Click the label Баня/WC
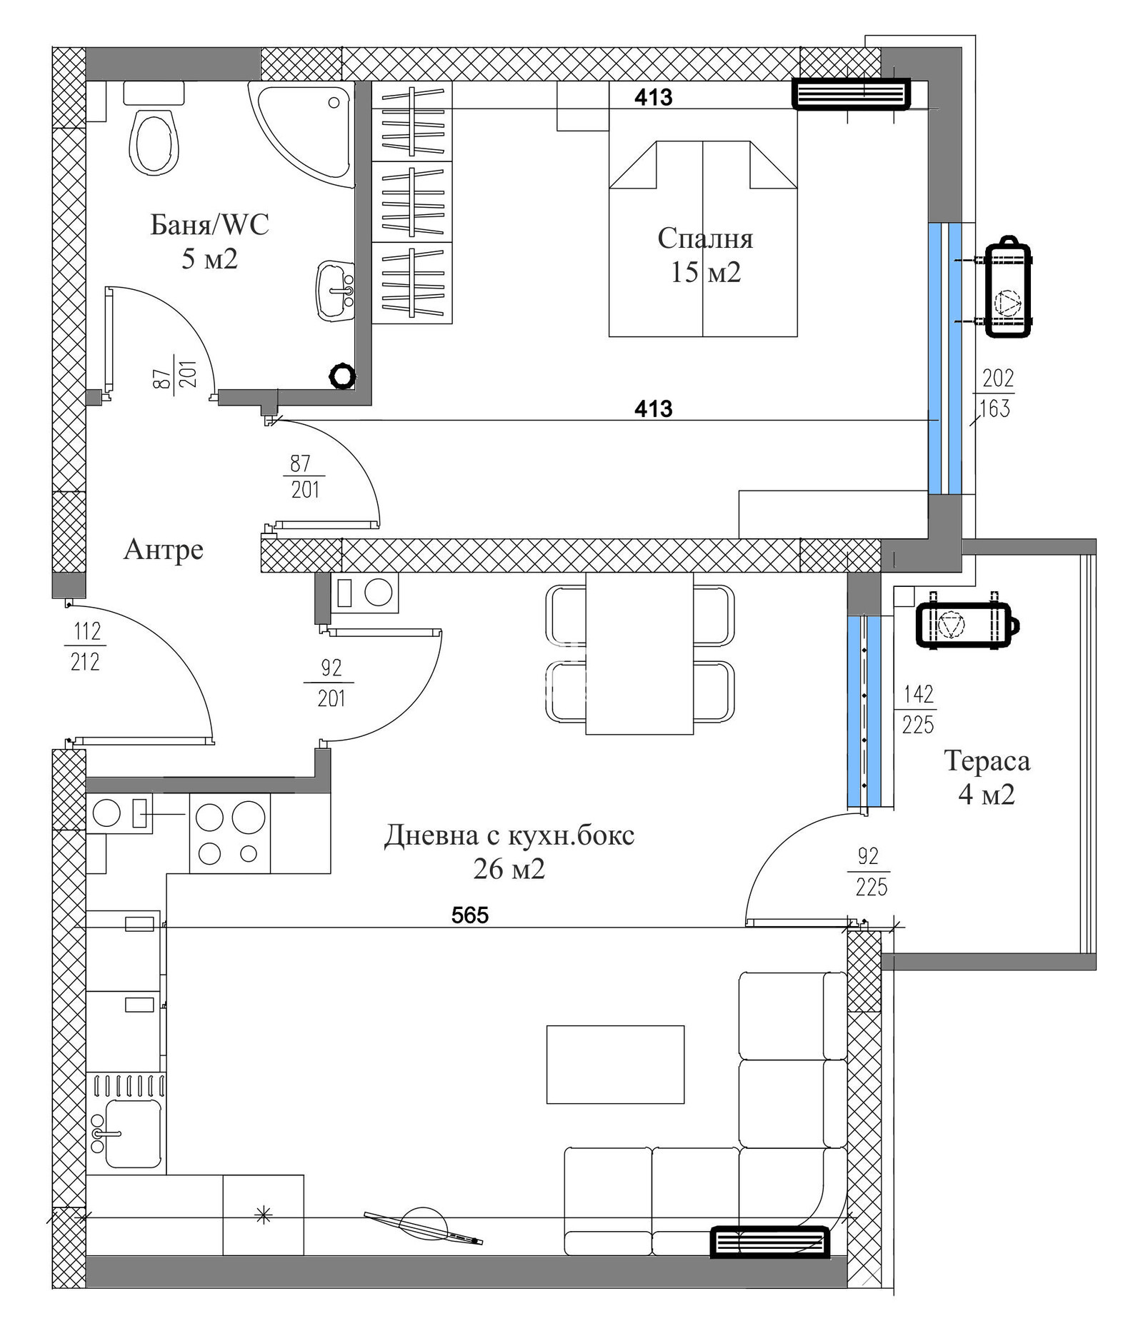point(209,225)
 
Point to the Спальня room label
point(705,238)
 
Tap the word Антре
point(164,550)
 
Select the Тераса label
point(987,760)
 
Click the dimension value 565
point(470,915)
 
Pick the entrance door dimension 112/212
point(86,647)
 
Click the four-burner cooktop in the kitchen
point(229,833)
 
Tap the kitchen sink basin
point(133,1133)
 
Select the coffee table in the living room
point(615,1065)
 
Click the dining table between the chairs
point(639,653)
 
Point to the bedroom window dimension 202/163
point(994,393)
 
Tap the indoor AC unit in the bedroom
point(851,94)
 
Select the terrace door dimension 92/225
point(869,872)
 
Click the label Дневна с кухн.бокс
point(509,835)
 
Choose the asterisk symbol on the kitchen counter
point(264,1215)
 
